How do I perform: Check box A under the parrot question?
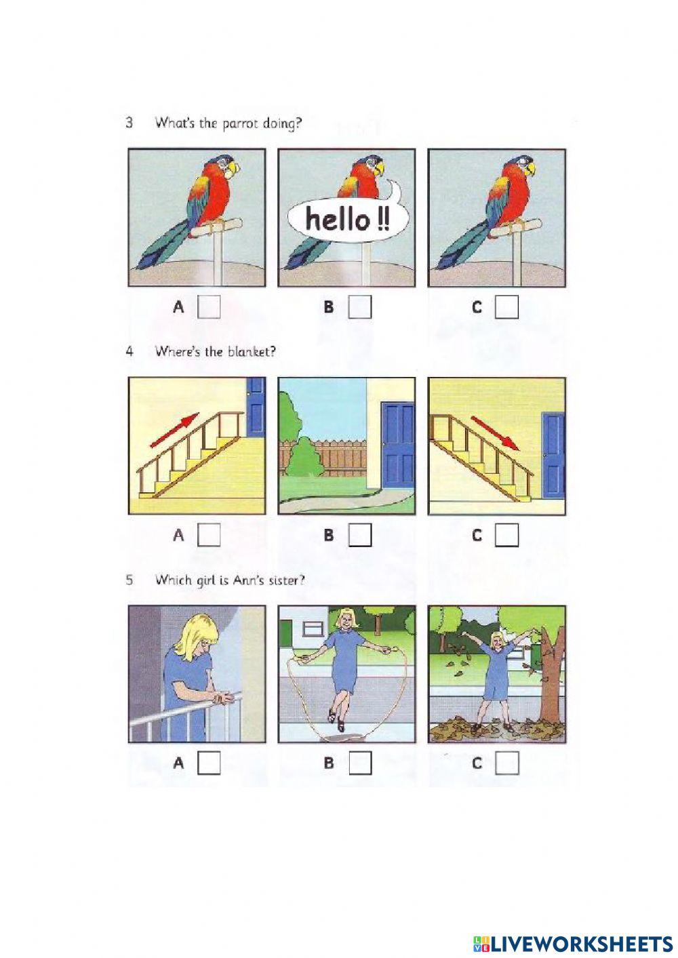click(x=209, y=308)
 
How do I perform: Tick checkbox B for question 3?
click(x=360, y=308)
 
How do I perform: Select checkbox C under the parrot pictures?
click(x=506, y=308)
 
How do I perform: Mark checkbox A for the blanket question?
click(x=209, y=536)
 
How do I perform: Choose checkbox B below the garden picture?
click(x=360, y=536)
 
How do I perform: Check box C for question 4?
click(x=506, y=536)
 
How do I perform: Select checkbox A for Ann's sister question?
click(x=209, y=764)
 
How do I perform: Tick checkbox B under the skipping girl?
click(x=360, y=764)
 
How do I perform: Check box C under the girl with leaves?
click(x=506, y=764)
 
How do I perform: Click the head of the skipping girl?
click(x=347, y=620)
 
